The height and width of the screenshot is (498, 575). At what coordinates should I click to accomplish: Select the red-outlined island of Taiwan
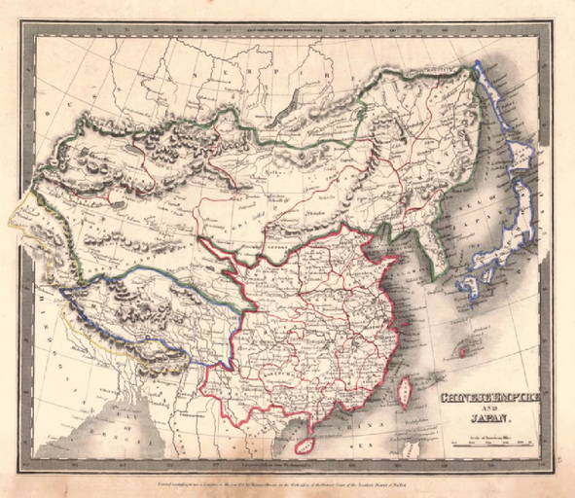click(406, 392)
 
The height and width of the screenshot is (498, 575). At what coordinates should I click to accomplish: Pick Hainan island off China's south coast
click(305, 443)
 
